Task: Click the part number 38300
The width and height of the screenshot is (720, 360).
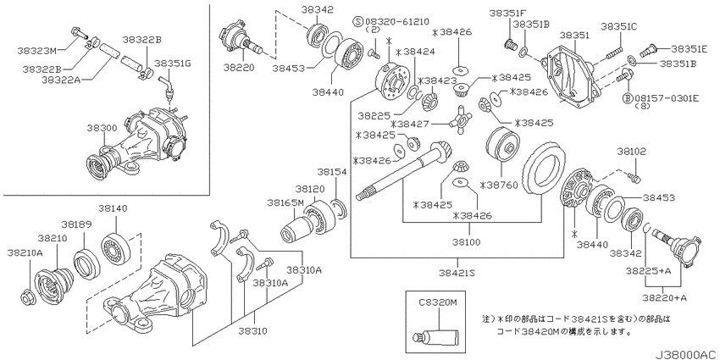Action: coord(102,128)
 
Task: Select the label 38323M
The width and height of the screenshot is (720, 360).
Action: coord(36,51)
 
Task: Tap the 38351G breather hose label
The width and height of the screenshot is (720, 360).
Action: coord(172,63)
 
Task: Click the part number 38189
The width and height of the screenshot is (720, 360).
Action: coord(77,224)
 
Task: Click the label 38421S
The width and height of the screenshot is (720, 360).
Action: coord(457,274)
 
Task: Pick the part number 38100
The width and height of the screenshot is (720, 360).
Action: coord(466,242)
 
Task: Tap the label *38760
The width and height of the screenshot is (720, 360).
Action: coord(499,186)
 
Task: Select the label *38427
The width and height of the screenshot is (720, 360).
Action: coord(410,124)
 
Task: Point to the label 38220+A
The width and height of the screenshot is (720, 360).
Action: coord(664,298)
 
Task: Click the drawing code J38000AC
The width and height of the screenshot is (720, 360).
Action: coord(686,355)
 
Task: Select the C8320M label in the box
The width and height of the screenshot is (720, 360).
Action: coord(437,302)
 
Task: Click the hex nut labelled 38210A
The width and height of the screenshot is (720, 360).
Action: coord(26,297)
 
